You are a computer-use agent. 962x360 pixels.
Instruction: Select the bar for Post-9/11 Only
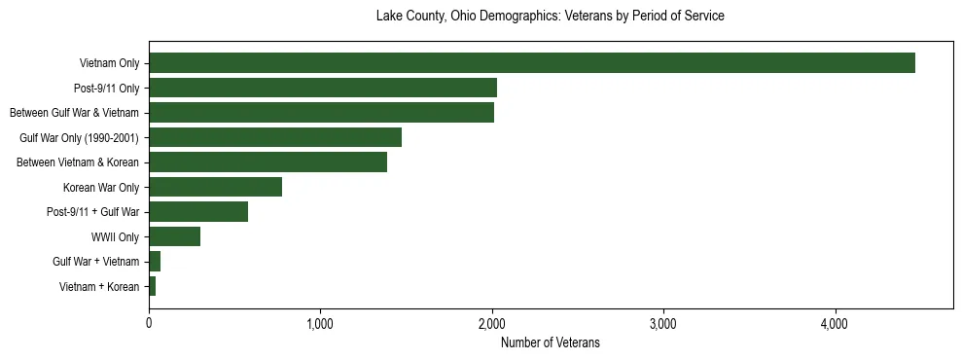(x=323, y=88)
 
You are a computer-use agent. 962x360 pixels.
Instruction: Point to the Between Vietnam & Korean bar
(x=267, y=162)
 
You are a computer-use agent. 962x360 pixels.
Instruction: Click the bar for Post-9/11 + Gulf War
(x=198, y=211)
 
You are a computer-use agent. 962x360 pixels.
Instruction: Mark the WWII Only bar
(x=174, y=236)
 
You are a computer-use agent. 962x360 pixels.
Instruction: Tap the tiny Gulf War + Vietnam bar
(x=155, y=261)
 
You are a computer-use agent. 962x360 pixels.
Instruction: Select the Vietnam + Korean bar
(x=153, y=286)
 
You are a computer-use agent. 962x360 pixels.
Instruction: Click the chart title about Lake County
(x=550, y=17)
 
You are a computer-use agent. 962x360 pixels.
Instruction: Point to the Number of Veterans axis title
(x=550, y=343)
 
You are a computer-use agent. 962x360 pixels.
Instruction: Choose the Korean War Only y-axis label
(x=101, y=187)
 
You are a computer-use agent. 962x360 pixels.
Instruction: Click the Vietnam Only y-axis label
(x=109, y=63)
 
